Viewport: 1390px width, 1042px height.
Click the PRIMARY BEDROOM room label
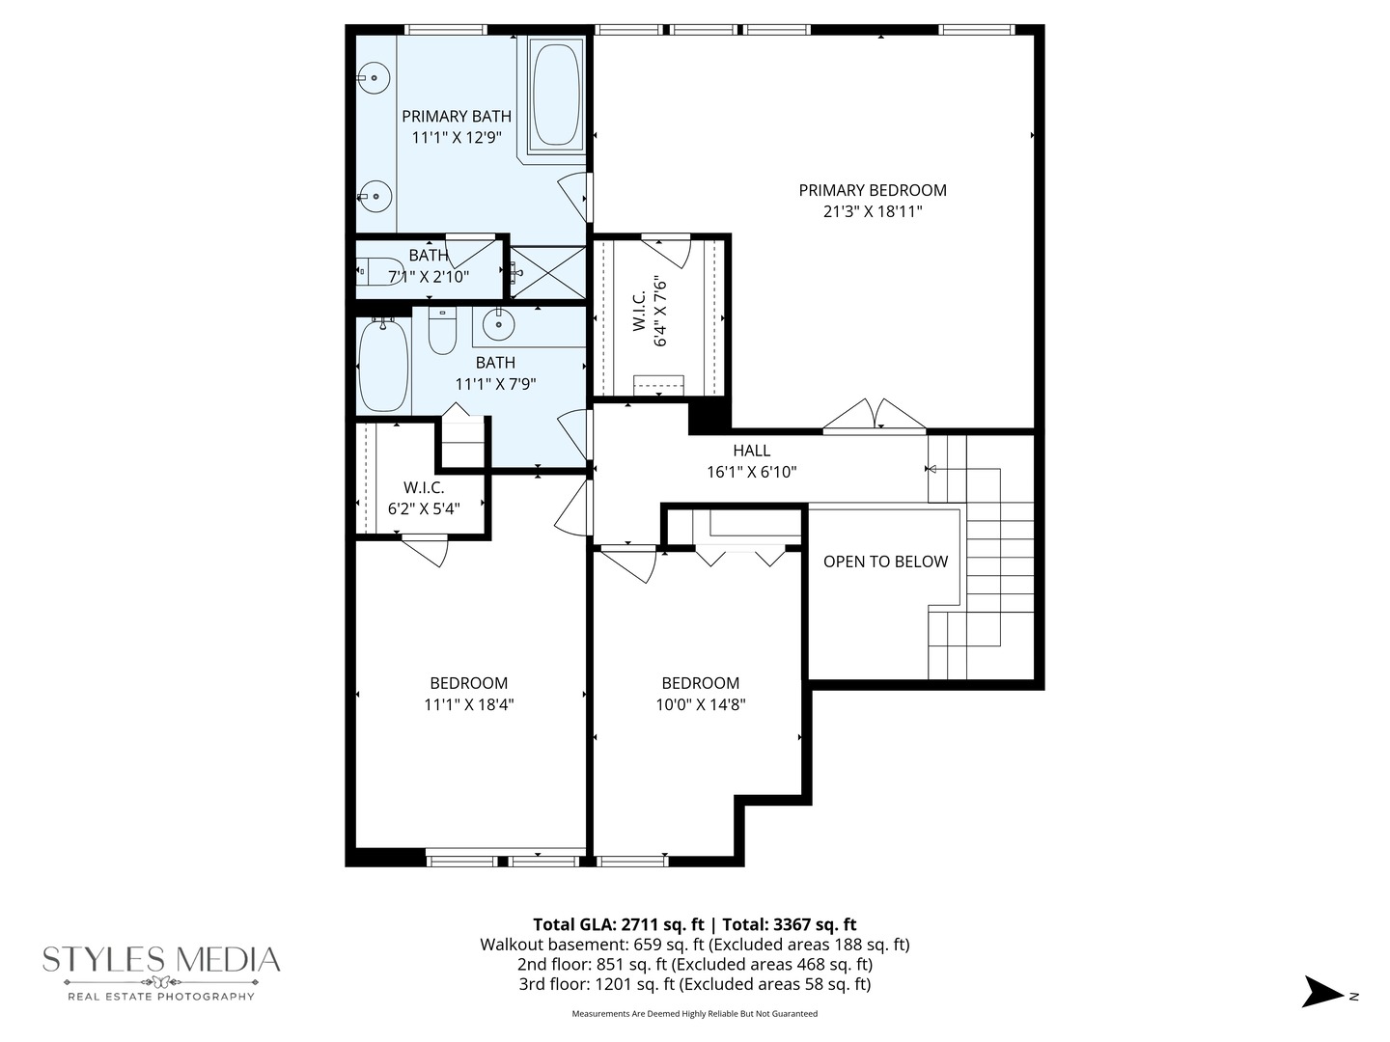872,190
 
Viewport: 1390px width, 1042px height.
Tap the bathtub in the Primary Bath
556,93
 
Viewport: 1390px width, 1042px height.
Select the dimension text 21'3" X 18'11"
872,212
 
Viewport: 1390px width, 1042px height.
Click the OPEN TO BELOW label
885,562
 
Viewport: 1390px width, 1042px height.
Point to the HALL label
751,451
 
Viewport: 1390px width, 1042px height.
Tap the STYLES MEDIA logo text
161,960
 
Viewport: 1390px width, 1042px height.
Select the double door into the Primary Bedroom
875,417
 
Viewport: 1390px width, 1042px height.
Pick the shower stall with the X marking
547,272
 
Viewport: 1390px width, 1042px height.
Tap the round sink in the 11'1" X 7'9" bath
498,325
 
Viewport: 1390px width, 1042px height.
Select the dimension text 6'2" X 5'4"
424,508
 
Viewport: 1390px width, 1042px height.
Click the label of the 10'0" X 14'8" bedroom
700,683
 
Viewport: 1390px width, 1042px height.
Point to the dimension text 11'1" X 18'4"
468,704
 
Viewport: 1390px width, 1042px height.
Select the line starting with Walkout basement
694,945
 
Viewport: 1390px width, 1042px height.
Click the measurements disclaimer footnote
694,1014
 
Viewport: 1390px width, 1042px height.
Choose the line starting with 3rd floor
694,984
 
